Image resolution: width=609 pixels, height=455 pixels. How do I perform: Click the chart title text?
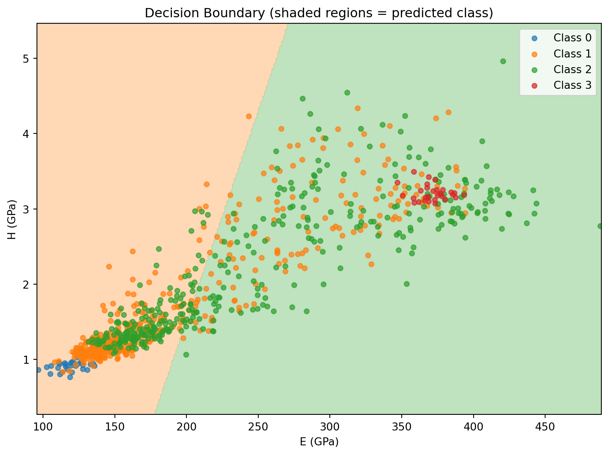[319, 13]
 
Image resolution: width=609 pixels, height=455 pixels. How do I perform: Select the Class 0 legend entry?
[572, 38]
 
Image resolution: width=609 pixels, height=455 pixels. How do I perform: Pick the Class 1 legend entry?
[572, 54]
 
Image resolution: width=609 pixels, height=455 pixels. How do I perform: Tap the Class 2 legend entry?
[572, 70]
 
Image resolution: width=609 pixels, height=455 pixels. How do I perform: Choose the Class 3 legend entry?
[572, 85]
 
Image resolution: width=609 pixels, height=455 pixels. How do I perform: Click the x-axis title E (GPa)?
[319, 442]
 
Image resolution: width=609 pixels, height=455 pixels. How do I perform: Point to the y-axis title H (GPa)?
[12, 219]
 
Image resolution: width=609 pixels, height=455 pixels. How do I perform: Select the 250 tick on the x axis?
[258, 424]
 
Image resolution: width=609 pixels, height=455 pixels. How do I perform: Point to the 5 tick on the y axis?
[29, 59]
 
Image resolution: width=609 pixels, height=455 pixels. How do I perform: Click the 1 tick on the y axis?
[29, 360]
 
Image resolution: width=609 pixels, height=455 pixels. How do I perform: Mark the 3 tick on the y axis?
[29, 209]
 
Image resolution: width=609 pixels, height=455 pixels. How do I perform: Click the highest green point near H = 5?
[503, 61]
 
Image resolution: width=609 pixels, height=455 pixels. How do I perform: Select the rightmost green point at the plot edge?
[600, 226]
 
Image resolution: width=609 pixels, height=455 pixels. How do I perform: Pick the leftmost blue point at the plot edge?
[38, 370]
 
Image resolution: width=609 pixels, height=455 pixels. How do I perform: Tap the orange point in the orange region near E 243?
[249, 116]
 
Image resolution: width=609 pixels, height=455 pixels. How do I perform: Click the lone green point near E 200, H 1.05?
[186, 355]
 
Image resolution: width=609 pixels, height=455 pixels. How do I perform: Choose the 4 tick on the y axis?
[29, 134]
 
